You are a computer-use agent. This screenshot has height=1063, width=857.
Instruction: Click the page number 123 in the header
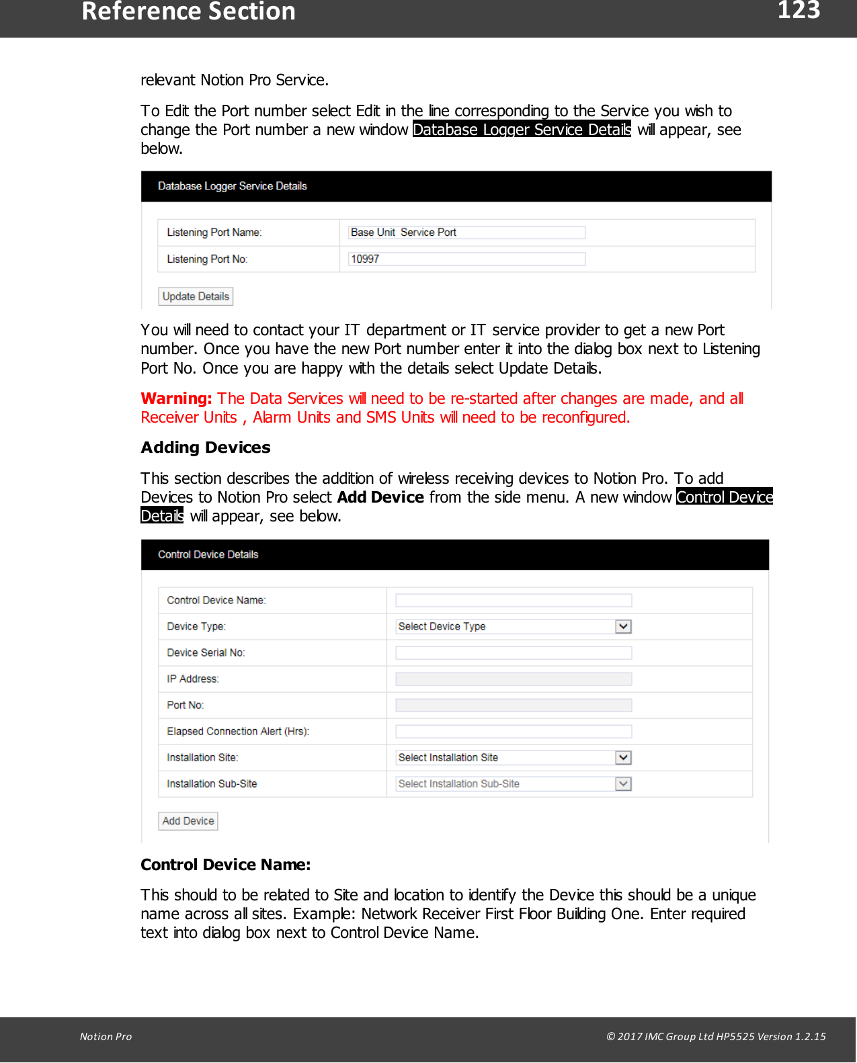[x=799, y=11]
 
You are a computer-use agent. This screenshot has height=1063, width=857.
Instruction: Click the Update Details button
[x=196, y=296]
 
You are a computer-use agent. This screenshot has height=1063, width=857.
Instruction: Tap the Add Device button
[x=188, y=821]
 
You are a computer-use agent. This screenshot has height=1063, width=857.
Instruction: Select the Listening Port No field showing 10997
[x=466, y=259]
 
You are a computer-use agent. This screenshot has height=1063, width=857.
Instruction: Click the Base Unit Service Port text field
[x=466, y=232]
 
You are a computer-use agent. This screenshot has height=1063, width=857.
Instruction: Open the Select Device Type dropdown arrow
[x=623, y=626]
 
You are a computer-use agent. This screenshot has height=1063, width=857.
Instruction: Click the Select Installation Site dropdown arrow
[x=623, y=757]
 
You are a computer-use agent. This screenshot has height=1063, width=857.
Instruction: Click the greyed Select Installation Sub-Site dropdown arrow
[x=623, y=783]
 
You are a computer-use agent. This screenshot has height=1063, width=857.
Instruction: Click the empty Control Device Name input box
[x=514, y=600]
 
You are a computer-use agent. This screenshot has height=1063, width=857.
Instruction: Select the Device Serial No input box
[x=514, y=652]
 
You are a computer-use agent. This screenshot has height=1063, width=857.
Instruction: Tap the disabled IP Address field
[x=514, y=679]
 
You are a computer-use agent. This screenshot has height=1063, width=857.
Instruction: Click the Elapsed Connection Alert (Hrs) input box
[x=514, y=731]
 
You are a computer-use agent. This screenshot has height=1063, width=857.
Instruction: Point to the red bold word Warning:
[x=176, y=398]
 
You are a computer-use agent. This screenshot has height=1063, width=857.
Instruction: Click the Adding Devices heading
[x=206, y=448]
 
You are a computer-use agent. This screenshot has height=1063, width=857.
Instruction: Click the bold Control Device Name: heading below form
[x=225, y=865]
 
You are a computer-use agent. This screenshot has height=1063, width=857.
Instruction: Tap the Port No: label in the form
[x=186, y=705]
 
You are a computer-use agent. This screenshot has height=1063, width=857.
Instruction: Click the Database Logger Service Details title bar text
[x=233, y=186]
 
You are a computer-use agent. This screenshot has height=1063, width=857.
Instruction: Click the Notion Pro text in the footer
[x=106, y=1036]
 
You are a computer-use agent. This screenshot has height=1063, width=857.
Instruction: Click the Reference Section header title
[x=188, y=12]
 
